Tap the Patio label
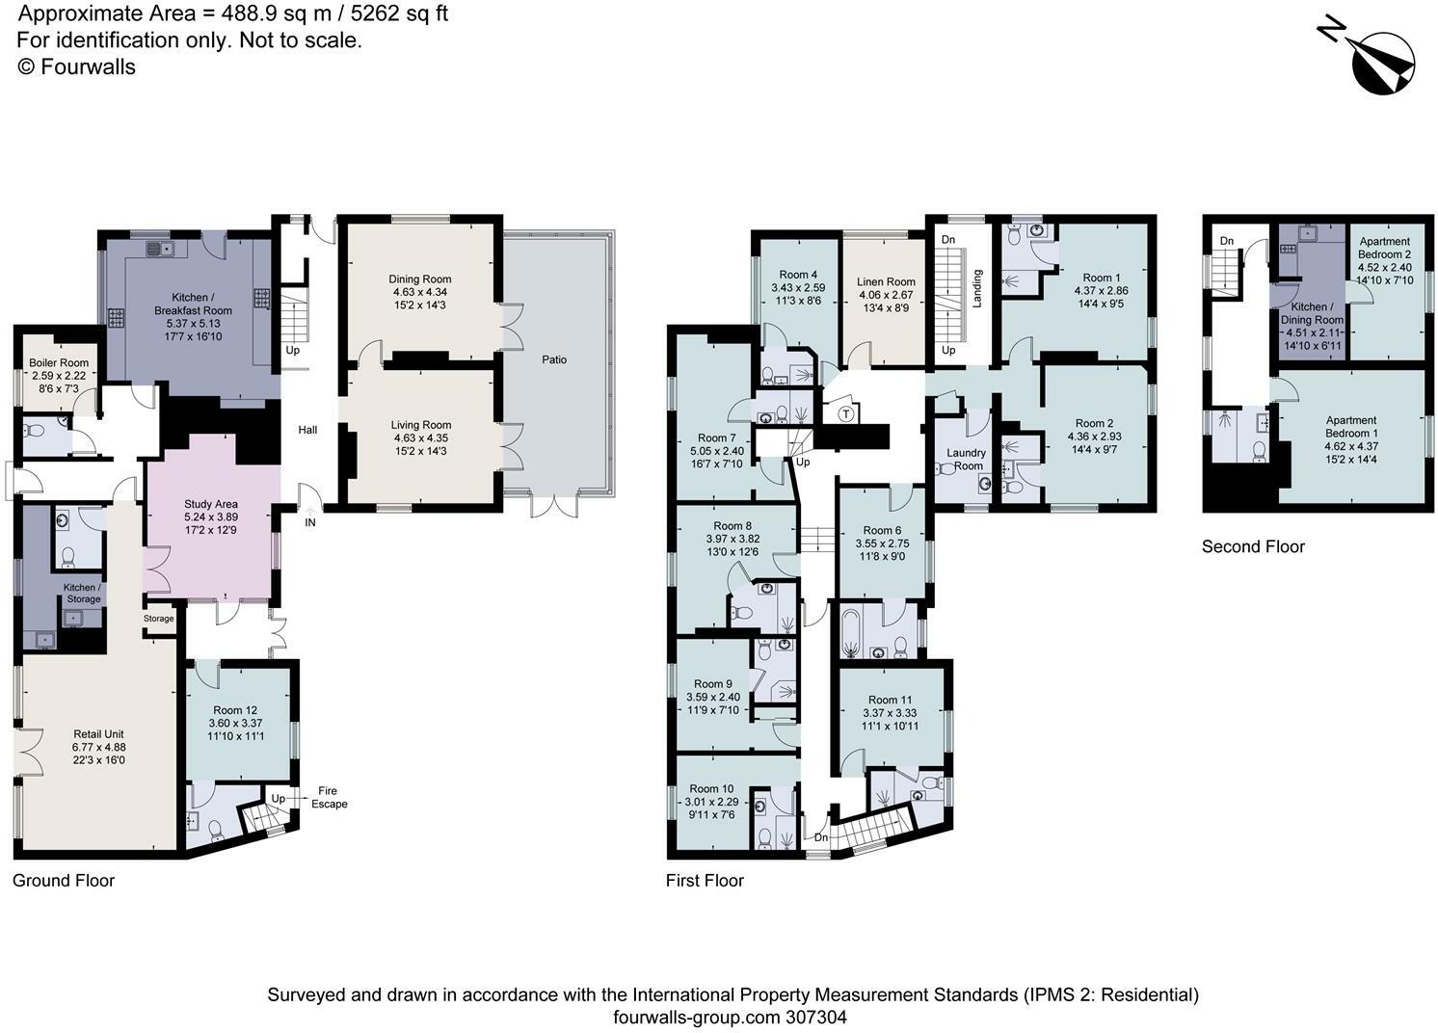[554, 359]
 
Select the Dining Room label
[419, 279]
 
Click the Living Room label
[420, 425]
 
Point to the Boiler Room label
[58, 363]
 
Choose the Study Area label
[211, 504]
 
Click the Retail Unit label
[98, 734]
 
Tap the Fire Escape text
[329, 797]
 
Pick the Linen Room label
[886, 282]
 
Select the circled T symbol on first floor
[845, 414]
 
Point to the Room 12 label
[235, 710]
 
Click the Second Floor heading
[1252, 546]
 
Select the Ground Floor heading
[64, 880]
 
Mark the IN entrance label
[310, 522]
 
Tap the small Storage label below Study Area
[159, 619]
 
